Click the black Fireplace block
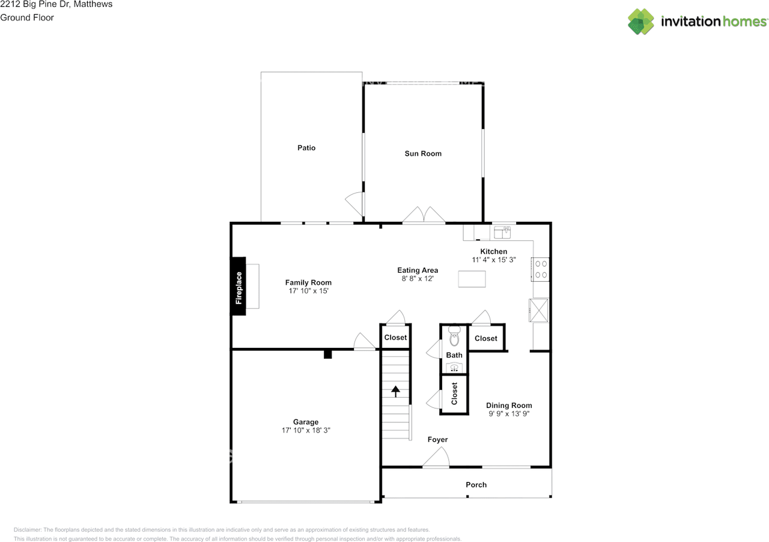point(238,286)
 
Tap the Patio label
point(306,148)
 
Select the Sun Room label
point(423,154)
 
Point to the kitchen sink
point(502,232)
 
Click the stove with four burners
point(540,269)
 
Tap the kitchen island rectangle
point(472,279)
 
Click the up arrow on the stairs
point(395,391)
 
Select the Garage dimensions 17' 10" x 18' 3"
point(306,430)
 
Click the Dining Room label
point(509,405)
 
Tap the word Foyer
point(438,439)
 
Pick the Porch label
point(476,485)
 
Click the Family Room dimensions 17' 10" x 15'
point(308,291)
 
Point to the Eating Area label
point(418,270)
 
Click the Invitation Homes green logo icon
point(641,21)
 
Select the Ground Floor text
point(27,17)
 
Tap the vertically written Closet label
point(454,394)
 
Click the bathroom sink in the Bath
point(454,368)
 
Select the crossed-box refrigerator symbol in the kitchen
point(538,311)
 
